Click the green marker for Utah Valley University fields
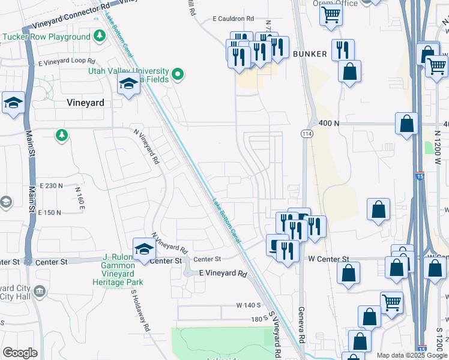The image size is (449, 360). pyautogui.click(x=177, y=74)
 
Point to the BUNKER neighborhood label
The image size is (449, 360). pyautogui.click(x=310, y=54)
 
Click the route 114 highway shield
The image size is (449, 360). pyautogui.click(x=307, y=133)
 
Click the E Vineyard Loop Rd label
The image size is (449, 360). pyautogui.click(x=67, y=62)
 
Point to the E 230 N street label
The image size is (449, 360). pyautogui.click(x=50, y=186)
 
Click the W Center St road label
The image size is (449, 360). pyautogui.click(x=328, y=259)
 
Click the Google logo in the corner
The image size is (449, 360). pyautogui.click(x=20, y=353)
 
